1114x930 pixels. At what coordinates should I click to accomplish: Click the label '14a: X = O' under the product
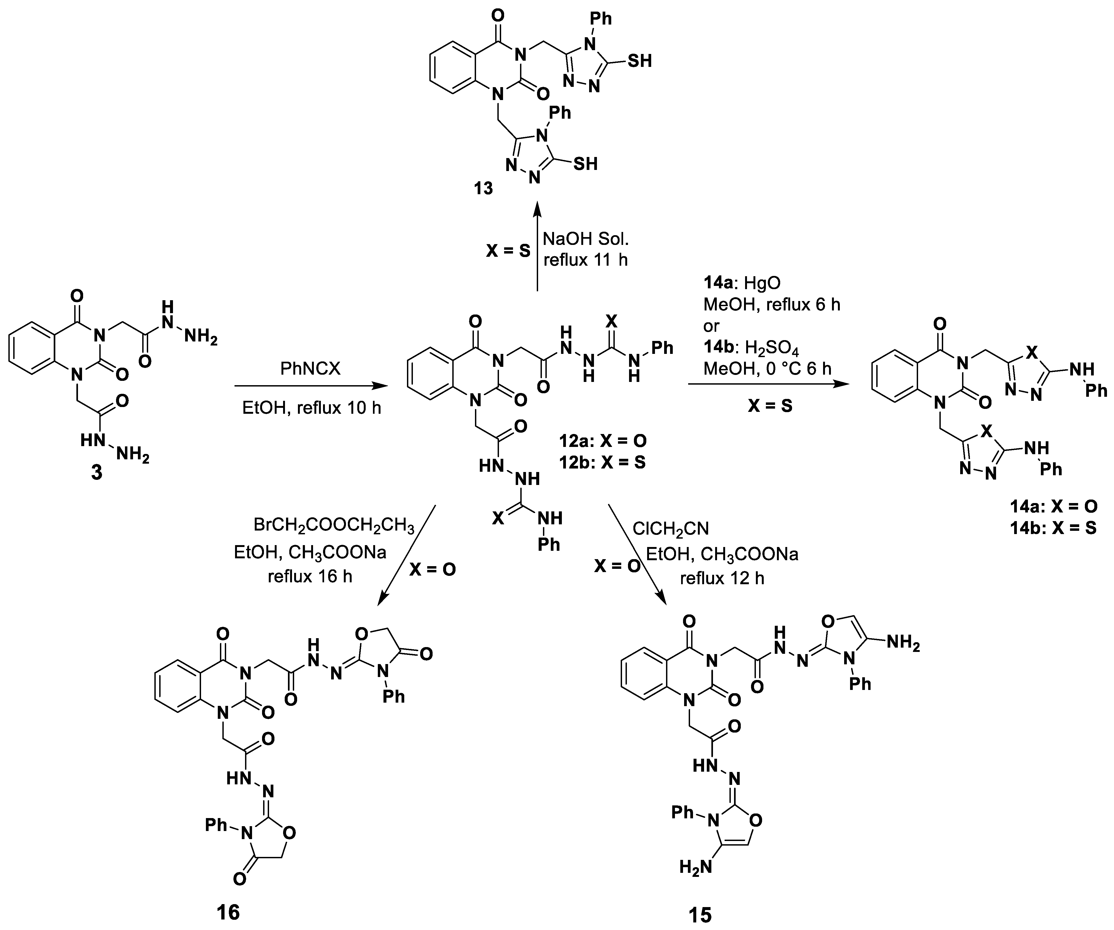pos(1053,506)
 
